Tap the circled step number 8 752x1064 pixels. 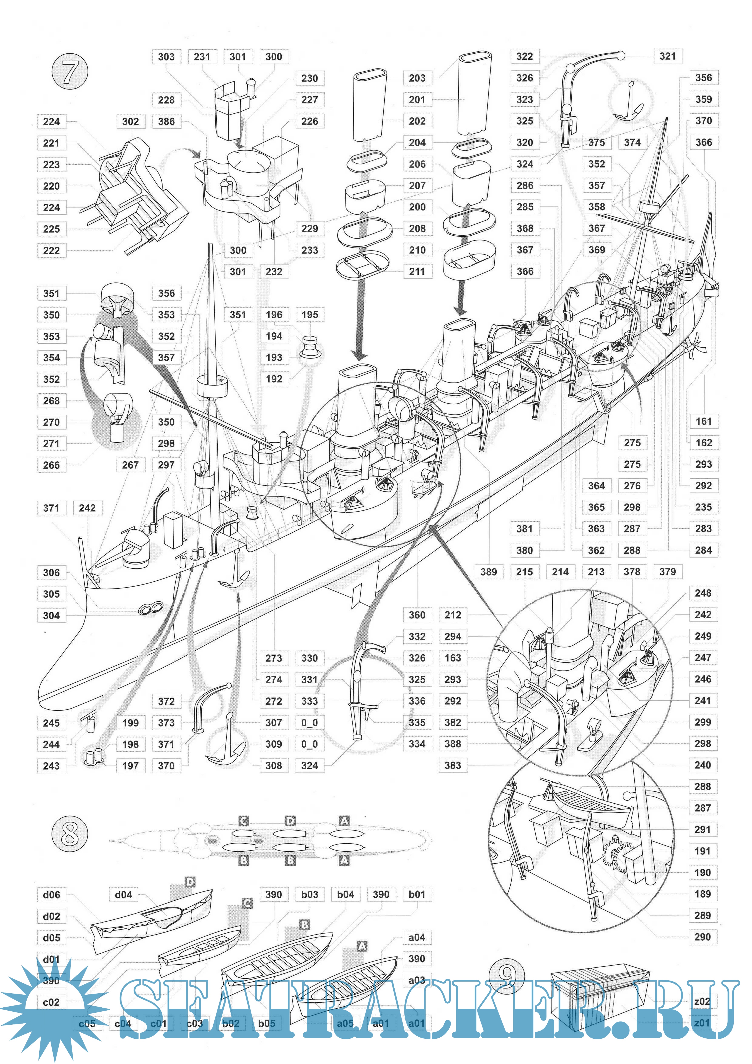point(70,833)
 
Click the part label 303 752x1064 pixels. point(166,57)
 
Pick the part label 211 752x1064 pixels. point(417,272)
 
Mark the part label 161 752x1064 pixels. point(703,421)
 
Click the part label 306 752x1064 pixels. point(51,573)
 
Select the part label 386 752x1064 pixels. point(166,122)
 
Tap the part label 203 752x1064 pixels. point(417,78)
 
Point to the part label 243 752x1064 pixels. point(51,766)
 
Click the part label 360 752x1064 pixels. point(417,615)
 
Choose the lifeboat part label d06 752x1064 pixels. point(51,895)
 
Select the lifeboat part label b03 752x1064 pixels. point(310,894)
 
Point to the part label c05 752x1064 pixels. point(87,1024)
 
